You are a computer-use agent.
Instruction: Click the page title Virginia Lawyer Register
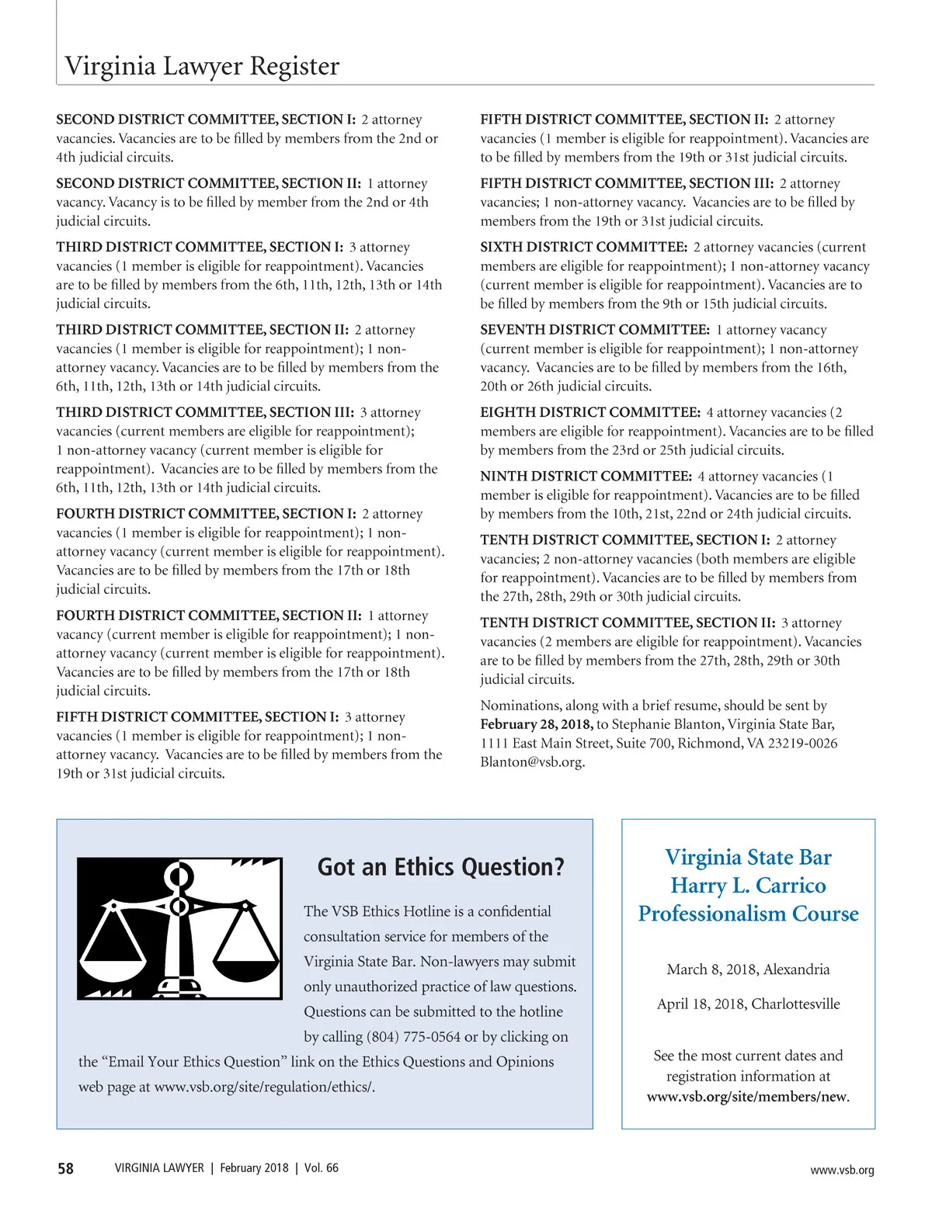[x=202, y=67]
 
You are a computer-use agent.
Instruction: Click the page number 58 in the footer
[x=66, y=1168]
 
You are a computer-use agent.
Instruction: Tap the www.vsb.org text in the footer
[x=841, y=1170]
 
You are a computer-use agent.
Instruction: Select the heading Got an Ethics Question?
[x=440, y=867]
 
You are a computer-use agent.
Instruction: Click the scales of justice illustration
[x=179, y=928]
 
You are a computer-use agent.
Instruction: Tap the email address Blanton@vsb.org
[x=532, y=762]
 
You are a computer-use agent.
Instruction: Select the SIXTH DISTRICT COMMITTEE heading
[x=583, y=248]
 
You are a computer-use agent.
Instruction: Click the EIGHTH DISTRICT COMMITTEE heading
[x=590, y=413]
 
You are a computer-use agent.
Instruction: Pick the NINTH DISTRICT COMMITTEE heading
[x=586, y=477]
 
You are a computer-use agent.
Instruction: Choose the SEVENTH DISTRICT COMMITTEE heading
[x=594, y=330]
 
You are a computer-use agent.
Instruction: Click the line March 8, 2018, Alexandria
[x=748, y=969]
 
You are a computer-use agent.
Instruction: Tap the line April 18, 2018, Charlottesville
[x=748, y=1004]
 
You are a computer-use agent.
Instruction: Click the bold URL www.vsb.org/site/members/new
[x=746, y=1097]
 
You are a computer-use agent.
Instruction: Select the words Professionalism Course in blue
[x=748, y=914]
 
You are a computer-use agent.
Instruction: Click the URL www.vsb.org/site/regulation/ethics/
[x=264, y=1087]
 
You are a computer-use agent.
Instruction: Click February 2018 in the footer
[x=254, y=1168]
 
